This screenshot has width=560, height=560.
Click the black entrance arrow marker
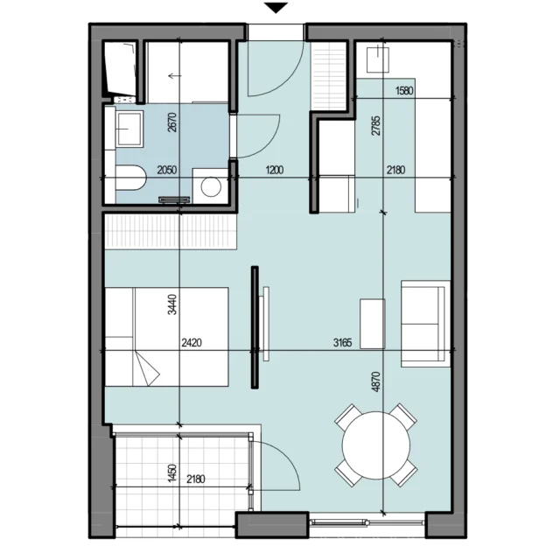[x=276, y=8]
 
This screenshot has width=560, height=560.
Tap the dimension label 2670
[x=172, y=122]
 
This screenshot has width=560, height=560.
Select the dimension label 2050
[x=167, y=170]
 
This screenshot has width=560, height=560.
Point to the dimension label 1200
[x=274, y=170]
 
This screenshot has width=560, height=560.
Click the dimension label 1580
[x=404, y=91]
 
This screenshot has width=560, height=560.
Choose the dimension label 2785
[x=376, y=126]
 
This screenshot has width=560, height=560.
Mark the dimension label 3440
[x=172, y=304]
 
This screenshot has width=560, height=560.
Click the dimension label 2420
[x=192, y=343]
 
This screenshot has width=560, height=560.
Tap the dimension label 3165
[x=342, y=343]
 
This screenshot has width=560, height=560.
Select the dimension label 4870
[x=376, y=381]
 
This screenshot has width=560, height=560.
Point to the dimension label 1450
[x=172, y=472]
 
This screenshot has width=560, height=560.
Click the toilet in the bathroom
[x=131, y=178]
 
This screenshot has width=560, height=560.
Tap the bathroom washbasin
[x=129, y=129]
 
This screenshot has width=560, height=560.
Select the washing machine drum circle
[x=211, y=186]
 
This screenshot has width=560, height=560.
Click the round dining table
[x=376, y=445]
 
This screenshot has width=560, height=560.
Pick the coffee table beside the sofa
[x=373, y=324]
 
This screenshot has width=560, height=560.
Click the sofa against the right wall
[x=425, y=324]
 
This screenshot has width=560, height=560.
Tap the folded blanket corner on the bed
[x=146, y=368]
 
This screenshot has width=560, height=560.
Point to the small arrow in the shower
[x=175, y=76]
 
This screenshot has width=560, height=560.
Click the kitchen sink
[x=378, y=59]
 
